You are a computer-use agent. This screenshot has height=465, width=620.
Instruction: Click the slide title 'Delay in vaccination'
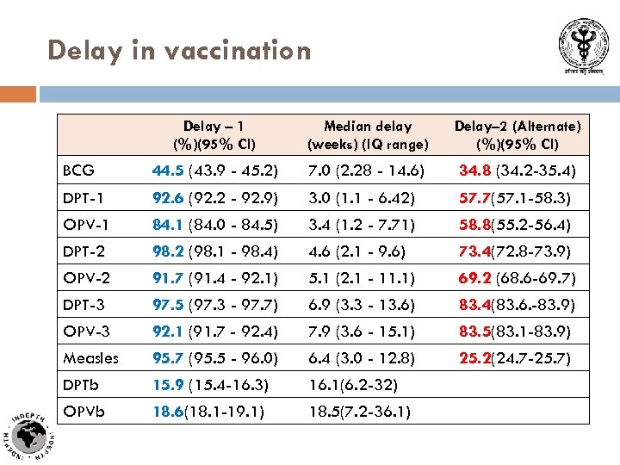(179, 51)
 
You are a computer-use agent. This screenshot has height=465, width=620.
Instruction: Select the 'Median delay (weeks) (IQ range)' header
(368, 135)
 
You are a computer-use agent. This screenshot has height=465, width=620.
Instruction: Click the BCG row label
(78, 170)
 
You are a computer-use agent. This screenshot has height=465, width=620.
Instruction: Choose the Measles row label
(90, 357)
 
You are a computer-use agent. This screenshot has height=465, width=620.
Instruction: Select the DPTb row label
(84, 384)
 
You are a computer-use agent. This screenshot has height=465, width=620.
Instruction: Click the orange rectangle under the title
(18, 93)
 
